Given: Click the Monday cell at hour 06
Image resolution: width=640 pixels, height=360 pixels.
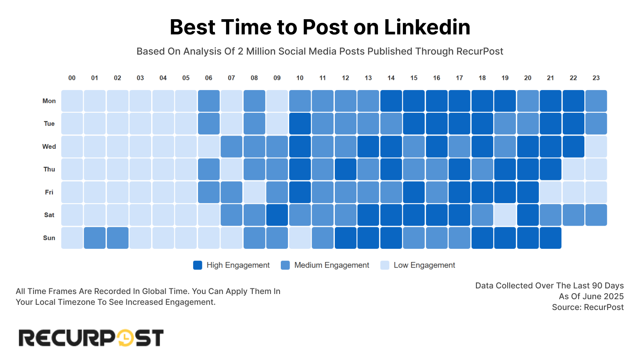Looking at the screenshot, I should (209, 101).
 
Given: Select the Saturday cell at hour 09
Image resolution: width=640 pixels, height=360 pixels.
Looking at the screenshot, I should (277, 215).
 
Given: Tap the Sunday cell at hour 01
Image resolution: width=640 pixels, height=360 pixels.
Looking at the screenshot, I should (95, 238).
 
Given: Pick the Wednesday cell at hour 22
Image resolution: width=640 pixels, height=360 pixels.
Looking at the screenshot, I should (573, 146).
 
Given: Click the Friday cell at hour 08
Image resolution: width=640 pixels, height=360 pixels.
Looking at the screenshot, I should (254, 192).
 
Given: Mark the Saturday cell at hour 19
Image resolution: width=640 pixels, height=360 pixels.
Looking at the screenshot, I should (505, 215).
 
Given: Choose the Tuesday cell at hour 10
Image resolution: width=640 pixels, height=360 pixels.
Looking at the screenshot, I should (300, 124).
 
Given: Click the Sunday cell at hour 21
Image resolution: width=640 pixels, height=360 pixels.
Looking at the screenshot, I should (550, 238).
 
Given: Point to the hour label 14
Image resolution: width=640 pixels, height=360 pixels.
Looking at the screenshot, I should (391, 78).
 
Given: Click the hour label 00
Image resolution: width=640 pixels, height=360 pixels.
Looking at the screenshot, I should (72, 78).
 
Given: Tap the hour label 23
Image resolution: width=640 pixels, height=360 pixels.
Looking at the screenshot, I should (596, 78).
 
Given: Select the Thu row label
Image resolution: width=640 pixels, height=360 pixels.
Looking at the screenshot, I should (49, 169).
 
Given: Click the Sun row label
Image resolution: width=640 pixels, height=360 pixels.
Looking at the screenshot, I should (49, 238).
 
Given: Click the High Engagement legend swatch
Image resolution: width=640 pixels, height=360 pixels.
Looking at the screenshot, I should (198, 265).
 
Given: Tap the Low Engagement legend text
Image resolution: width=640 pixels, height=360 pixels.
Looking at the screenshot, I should (424, 265).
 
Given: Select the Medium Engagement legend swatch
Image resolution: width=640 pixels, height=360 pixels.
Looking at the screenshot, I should (285, 265).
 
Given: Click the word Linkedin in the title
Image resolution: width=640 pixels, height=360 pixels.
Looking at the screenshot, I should (427, 27).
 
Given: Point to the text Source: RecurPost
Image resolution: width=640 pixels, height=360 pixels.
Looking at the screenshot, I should (588, 307).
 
